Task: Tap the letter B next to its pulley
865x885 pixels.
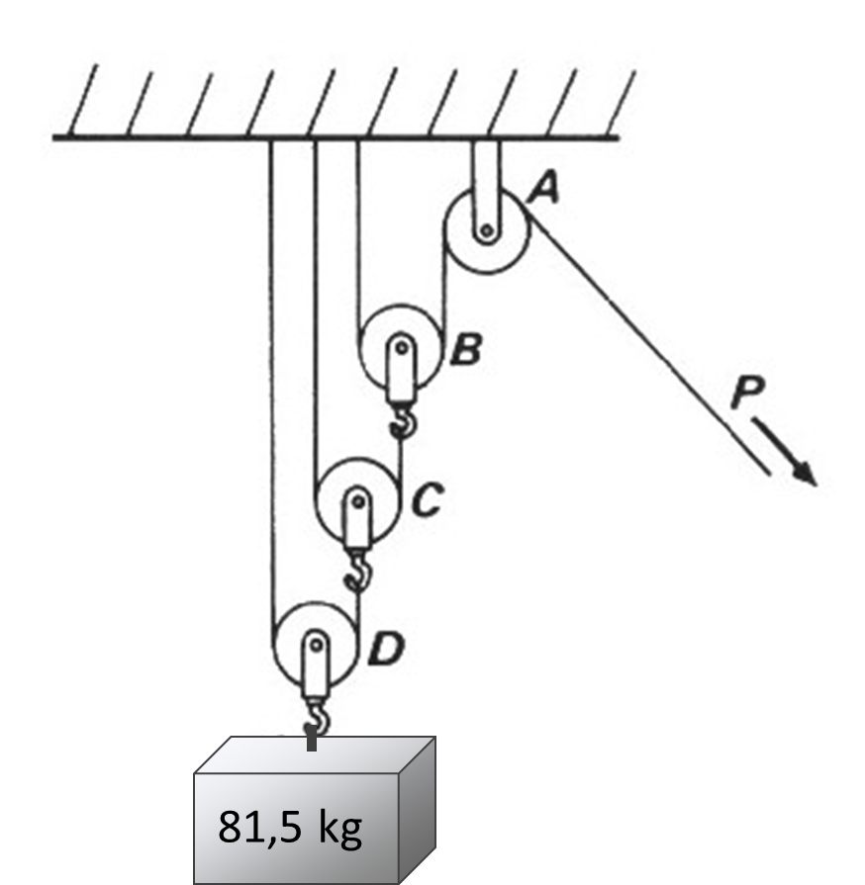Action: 465,350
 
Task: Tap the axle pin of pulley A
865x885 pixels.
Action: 486,232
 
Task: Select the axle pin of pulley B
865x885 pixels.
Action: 401,347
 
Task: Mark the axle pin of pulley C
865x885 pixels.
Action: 356,500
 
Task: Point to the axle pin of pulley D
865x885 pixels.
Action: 315,645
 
